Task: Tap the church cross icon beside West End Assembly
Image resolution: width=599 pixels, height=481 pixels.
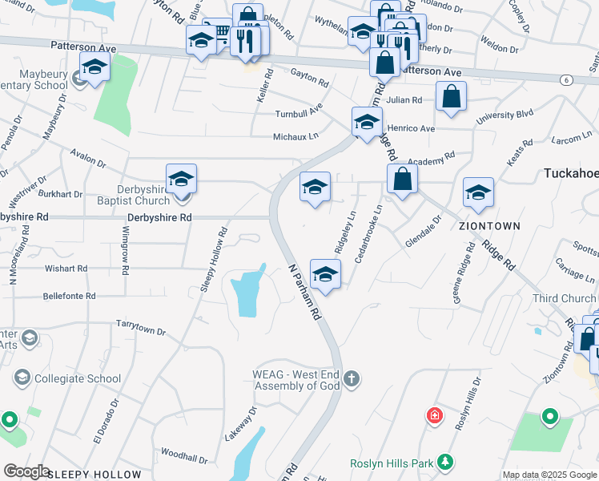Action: (x=351, y=378)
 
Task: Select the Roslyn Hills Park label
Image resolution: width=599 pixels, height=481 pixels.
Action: (x=390, y=464)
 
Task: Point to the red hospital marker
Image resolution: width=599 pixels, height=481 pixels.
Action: (x=434, y=415)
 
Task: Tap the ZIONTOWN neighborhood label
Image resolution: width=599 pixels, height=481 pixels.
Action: (x=489, y=226)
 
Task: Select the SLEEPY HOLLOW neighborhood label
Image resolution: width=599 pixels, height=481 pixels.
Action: (x=94, y=475)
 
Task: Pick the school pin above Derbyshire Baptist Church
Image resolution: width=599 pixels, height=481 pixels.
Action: (x=182, y=180)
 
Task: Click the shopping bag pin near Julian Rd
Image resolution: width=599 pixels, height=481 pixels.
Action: (x=452, y=97)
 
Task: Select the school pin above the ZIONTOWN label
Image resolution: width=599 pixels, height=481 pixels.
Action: (x=478, y=193)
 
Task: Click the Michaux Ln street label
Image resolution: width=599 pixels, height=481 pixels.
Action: (x=296, y=136)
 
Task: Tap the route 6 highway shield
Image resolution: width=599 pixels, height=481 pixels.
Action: (x=567, y=80)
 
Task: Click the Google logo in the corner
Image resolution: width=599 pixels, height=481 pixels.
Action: (x=26, y=471)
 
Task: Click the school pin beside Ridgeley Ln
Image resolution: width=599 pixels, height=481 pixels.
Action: (x=325, y=276)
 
